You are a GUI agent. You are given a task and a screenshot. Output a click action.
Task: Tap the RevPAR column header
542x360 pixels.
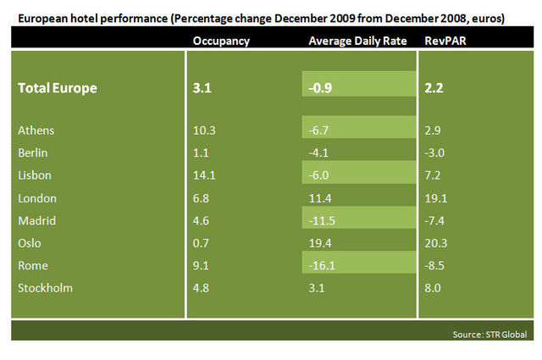click(442, 40)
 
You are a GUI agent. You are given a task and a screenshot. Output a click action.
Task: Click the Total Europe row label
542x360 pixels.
click(58, 88)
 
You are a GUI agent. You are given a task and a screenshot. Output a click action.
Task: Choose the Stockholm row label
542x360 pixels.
click(46, 287)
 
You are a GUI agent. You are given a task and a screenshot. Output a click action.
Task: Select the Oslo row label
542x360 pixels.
click(32, 242)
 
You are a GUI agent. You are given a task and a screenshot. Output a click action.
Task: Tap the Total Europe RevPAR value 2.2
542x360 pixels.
click(434, 88)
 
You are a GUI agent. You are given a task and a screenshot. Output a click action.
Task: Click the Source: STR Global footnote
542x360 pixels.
click(488, 335)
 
